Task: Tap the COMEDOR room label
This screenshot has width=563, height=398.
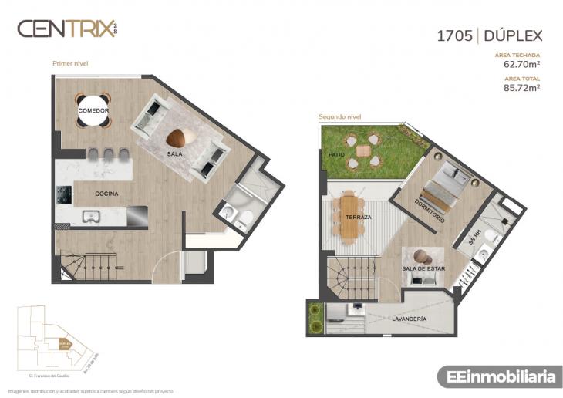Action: point(93,111)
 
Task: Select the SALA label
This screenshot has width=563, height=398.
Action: point(174,154)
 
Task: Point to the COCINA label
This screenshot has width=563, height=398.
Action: point(106,194)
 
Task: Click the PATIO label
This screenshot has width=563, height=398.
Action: point(336,154)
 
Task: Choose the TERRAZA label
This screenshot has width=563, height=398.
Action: point(358,218)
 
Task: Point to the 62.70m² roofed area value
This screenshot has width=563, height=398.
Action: point(521,65)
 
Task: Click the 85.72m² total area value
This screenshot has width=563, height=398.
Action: point(521,88)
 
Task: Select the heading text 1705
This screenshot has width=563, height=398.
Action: point(454,35)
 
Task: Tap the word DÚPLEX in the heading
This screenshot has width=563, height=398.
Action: point(514,35)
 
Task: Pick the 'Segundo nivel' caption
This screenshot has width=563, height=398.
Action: point(340,117)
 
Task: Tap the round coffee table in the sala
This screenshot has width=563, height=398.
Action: point(177,138)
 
